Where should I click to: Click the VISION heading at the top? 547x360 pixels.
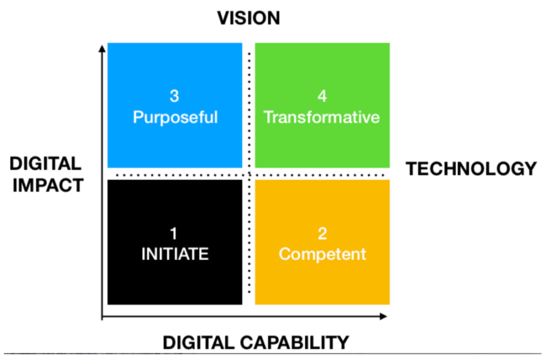click(x=248, y=18)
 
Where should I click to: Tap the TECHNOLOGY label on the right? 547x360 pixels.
click(x=471, y=169)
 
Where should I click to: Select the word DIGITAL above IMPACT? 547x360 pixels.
click(x=45, y=163)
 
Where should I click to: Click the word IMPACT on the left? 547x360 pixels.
click(x=48, y=185)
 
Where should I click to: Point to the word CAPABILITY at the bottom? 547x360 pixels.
click(x=294, y=342)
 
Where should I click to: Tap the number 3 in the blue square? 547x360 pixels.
click(x=175, y=96)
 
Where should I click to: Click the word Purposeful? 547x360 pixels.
click(x=175, y=118)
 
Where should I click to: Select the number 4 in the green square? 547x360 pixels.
click(x=322, y=96)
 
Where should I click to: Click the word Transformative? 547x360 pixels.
click(x=322, y=117)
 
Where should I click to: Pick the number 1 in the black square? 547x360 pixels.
click(x=174, y=233)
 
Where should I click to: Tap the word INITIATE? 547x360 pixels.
click(x=175, y=254)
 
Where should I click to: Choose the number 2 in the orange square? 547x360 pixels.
click(x=322, y=233)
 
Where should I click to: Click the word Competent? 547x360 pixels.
click(x=322, y=254)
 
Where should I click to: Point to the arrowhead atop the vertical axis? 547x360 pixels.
click(x=102, y=49)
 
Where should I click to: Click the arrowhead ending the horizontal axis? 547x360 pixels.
click(x=384, y=316)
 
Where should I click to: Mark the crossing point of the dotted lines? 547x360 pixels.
click(x=249, y=175)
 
